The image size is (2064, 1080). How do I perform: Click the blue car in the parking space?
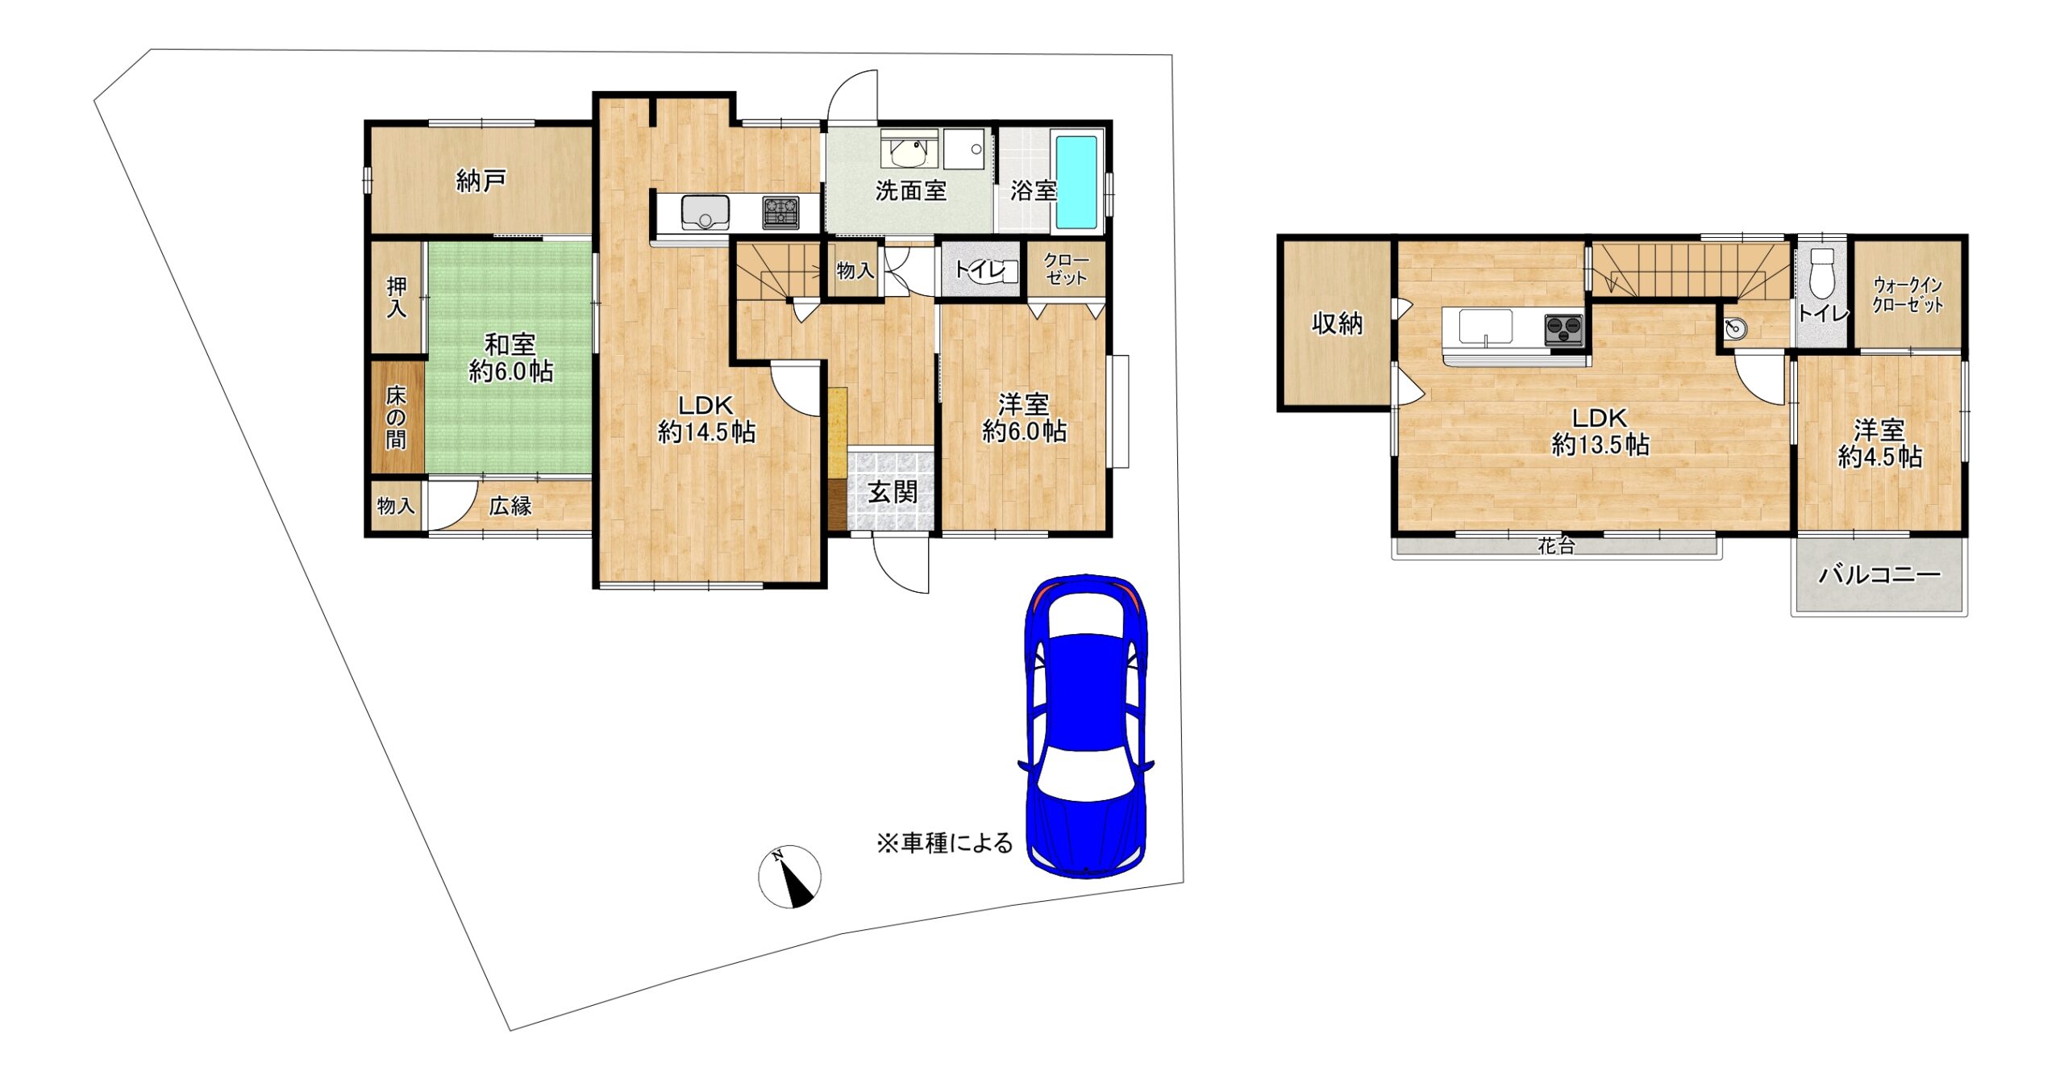(1086, 725)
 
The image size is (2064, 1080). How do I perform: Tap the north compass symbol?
(790, 877)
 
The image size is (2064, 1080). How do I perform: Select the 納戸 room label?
(481, 180)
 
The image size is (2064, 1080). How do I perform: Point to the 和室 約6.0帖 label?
(510, 357)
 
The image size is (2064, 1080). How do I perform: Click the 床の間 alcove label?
(396, 417)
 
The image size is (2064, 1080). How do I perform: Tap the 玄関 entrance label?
(893, 492)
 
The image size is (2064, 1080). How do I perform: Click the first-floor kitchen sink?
(705, 212)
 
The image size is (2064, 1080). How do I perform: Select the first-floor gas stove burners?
(780, 212)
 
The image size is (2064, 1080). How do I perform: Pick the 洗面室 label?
(911, 190)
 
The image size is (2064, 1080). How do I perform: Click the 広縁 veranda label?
(510, 506)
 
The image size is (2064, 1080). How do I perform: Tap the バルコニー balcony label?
(1879, 575)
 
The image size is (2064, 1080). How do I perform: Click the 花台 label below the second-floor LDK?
(1556, 546)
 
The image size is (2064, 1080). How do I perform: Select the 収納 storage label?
(1338, 323)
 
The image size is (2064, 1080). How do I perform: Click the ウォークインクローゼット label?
(1908, 295)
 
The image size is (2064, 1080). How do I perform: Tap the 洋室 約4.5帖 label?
(1879, 443)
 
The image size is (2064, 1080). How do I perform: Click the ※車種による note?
(944, 843)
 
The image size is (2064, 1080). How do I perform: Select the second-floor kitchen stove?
(1565, 330)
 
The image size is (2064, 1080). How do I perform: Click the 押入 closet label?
(396, 297)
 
